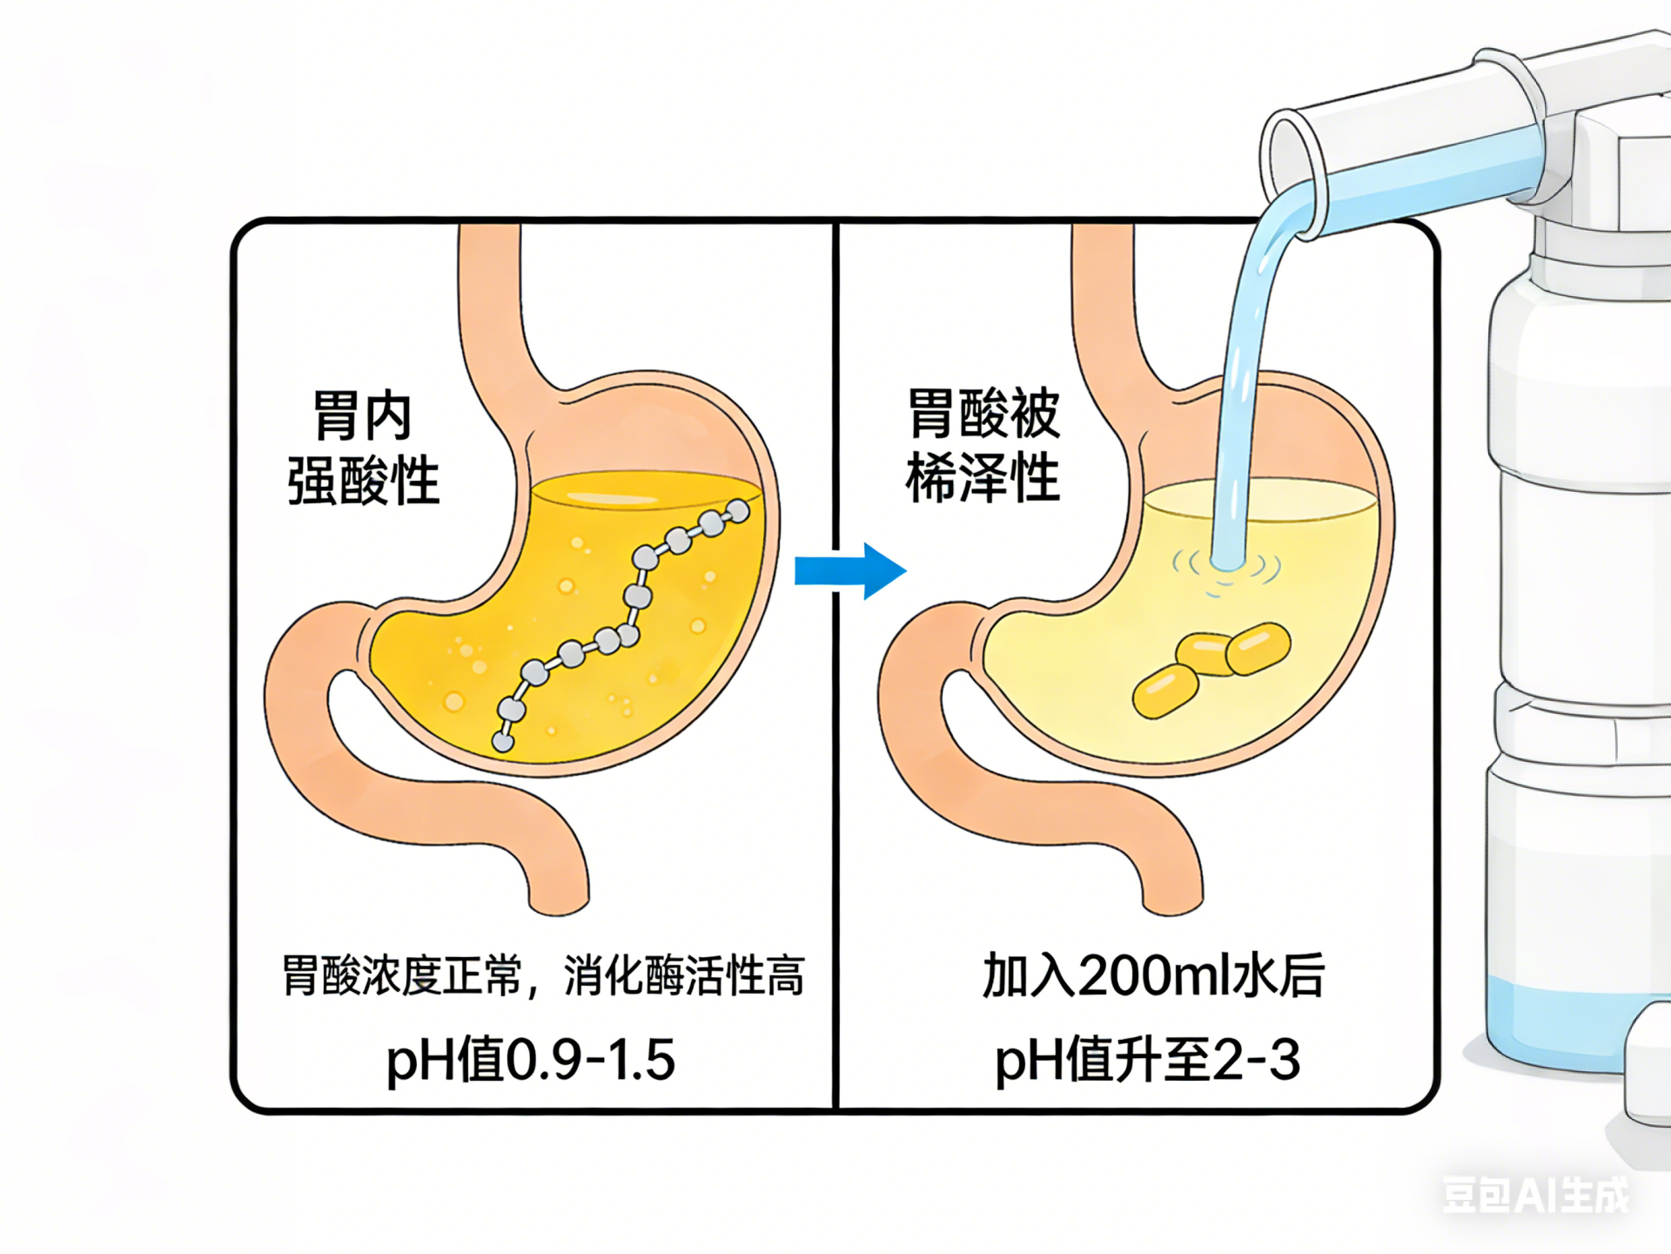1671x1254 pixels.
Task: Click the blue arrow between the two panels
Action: (x=850, y=571)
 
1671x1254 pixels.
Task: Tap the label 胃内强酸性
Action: (x=363, y=448)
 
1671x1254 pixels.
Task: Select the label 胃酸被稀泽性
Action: (x=983, y=446)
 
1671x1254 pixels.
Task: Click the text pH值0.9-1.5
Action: (x=531, y=1060)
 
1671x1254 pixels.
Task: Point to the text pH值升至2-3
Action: (x=1147, y=1060)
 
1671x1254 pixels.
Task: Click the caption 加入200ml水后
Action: (x=1153, y=975)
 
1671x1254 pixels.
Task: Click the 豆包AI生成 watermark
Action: (x=1535, y=1195)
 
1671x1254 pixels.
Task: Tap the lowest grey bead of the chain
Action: (x=503, y=742)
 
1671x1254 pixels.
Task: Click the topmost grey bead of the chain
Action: (x=738, y=511)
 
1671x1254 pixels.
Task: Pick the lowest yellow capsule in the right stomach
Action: (x=1164, y=691)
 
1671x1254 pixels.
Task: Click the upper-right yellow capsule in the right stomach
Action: (x=1258, y=648)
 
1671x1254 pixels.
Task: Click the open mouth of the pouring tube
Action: (x=1290, y=161)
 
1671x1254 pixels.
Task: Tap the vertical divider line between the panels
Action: (x=835, y=784)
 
